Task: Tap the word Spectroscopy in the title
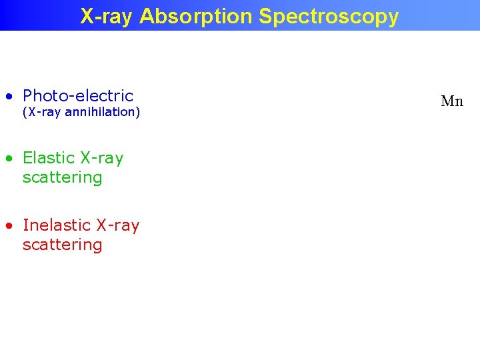[x=329, y=16]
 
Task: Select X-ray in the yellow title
[x=107, y=16]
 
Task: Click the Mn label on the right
[x=452, y=101]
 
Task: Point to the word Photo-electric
[x=78, y=95]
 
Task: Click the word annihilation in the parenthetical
[x=102, y=112]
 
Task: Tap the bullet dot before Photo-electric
[x=8, y=97]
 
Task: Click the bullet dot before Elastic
[x=8, y=159]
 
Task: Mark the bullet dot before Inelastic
[x=8, y=226]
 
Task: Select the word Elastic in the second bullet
[x=49, y=158]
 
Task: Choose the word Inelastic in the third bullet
[x=57, y=225]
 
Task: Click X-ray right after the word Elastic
[x=102, y=158]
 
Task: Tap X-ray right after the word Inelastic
[x=118, y=225]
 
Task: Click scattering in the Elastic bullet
[x=62, y=177]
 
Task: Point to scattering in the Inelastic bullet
[x=62, y=245]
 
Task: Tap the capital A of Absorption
[x=146, y=16]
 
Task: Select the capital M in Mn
[x=447, y=101]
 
